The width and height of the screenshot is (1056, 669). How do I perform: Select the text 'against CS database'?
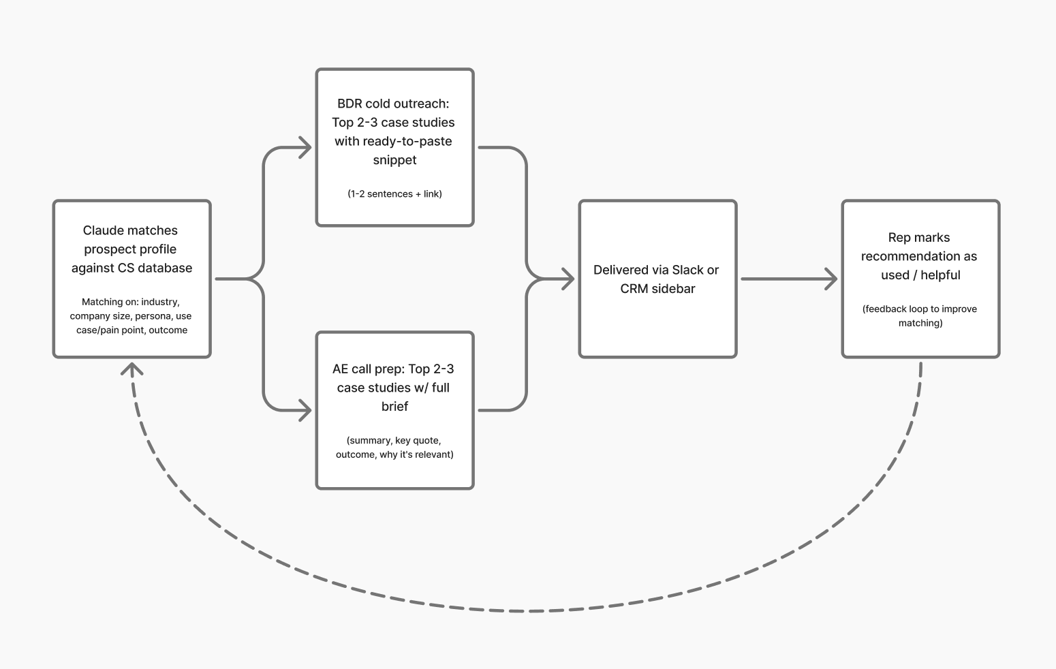131,268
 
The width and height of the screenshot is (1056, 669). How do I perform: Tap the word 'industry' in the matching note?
160,302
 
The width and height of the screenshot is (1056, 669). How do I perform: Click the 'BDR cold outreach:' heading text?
394,104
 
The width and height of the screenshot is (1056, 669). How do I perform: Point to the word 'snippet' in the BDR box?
394,160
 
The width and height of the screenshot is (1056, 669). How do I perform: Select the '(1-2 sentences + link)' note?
394,194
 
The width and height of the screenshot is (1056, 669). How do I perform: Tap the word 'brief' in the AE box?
394,407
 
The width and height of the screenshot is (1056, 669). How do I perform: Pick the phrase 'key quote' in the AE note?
418,441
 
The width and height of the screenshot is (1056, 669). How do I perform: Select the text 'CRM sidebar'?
657,289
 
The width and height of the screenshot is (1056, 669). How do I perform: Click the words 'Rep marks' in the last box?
918,238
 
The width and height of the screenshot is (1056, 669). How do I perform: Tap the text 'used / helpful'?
920,275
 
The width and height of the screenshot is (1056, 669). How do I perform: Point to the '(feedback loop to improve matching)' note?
920,316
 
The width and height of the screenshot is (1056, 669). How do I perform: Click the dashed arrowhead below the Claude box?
131,368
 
